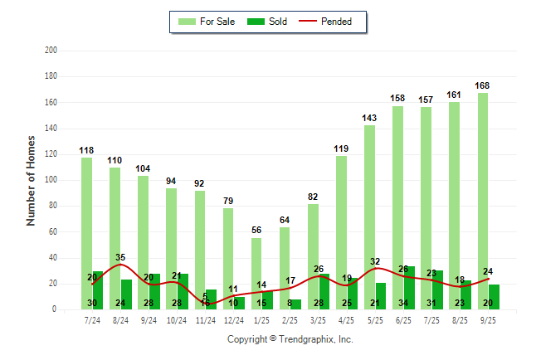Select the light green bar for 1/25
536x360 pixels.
coord(256,274)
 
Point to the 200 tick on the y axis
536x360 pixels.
coord(51,51)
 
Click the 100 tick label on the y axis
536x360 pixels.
coord(51,180)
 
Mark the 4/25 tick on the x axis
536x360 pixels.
coord(346,319)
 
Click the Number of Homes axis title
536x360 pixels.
coord(32,180)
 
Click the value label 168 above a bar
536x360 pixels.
coord(482,85)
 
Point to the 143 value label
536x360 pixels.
coord(369,118)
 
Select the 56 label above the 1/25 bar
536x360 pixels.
coord(256,231)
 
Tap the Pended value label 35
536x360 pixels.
coord(120,258)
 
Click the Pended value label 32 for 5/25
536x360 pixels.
coord(375,262)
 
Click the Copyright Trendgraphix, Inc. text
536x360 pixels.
coord(290,339)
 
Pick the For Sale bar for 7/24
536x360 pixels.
coord(86,233)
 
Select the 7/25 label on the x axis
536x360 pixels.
coord(431,319)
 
